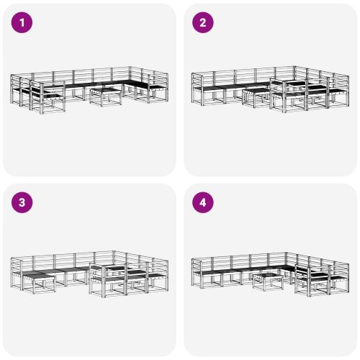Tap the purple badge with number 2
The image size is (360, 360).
[x=202, y=22]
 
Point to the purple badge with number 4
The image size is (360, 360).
[x=202, y=202]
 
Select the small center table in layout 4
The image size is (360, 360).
[x=267, y=280]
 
